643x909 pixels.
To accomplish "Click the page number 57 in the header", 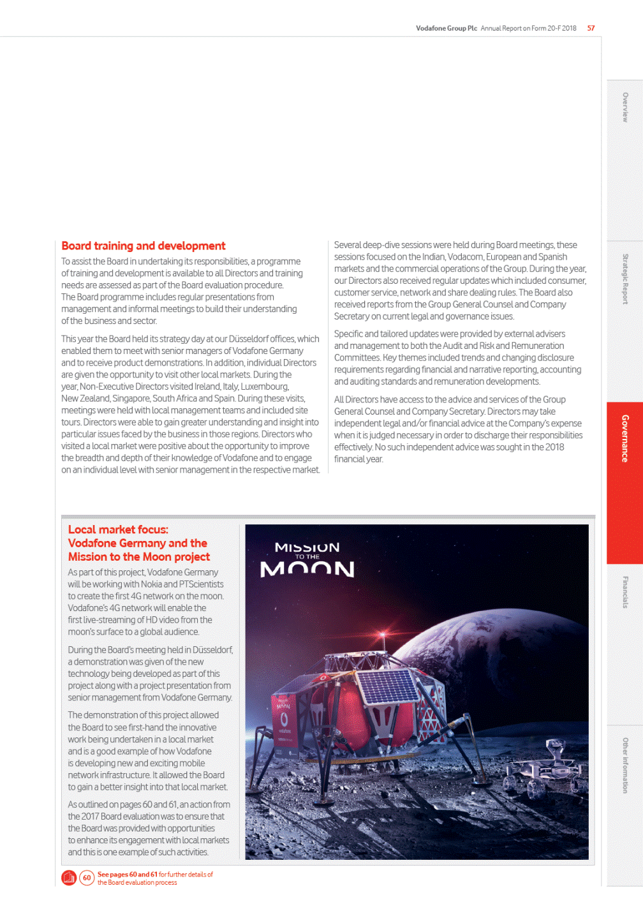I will (x=591, y=28).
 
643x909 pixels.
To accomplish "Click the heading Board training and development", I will (x=143, y=246).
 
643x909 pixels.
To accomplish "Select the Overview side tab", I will (x=625, y=107).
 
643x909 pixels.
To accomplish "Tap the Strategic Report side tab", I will (x=625, y=279).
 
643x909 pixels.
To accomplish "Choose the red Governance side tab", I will (x=625, y=438).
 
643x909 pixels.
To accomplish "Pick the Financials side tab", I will (x=625, y=592).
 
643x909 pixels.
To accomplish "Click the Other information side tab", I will (x=625, y=765).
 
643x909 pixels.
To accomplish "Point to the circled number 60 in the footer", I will (x=87, y=878).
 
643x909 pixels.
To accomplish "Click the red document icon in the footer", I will (x=69, y=878).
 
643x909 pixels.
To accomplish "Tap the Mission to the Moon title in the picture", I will (x=307, y=559).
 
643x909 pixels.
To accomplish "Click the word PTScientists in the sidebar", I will (x=202, y=584).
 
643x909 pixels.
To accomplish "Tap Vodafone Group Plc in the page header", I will (x=446, y=28).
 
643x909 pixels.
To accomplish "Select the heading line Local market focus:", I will (x=118, y=529).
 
